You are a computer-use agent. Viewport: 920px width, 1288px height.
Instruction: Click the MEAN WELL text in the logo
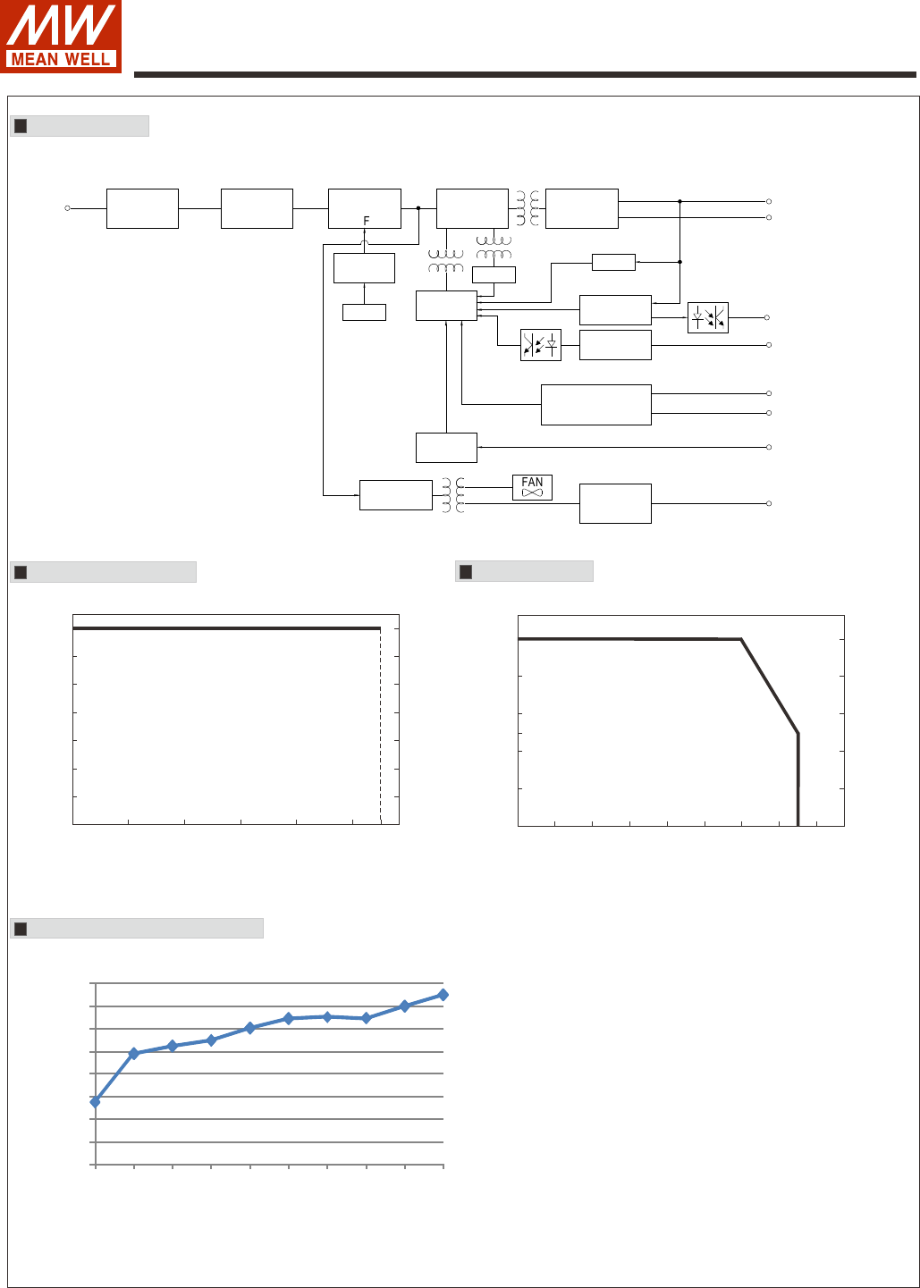[x=61, y=60]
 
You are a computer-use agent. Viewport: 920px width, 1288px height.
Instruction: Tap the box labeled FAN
[x=532, y=487]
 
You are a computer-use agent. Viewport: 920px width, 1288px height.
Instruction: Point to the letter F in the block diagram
[x=367, y=221]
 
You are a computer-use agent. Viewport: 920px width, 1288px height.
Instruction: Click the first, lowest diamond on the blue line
[x=95, y=1102]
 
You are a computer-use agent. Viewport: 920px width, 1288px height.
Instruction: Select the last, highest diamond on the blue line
[x=443, y=994]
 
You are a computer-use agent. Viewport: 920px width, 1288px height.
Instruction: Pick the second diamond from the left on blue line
[x=134, y=1054]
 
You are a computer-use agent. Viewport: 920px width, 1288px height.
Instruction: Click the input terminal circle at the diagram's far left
[x=67, y=208]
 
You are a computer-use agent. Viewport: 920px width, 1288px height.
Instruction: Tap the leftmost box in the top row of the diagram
[x=142, y=208]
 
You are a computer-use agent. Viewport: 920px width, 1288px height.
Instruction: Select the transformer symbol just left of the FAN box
[x=454, y=494]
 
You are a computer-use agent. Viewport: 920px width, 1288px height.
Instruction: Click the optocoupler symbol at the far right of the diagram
[x=708, y=317]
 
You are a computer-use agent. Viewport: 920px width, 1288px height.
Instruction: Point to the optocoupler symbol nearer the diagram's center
[x=541, y=345]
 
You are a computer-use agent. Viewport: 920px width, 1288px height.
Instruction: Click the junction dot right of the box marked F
[x=418, y=208]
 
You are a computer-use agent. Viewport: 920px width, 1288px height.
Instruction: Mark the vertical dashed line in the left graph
[x=381, y=724]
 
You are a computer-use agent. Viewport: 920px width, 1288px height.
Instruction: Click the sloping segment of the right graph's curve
[x=769, y=686]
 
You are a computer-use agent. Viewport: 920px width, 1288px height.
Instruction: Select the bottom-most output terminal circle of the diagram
[x=769, y=504]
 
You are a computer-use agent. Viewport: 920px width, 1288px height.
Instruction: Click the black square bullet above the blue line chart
[x=21, y=929]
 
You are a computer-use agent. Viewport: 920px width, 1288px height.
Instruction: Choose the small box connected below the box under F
[x=364, y=312]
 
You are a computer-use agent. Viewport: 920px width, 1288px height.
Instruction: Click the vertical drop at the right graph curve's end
[x=798, y=778]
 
